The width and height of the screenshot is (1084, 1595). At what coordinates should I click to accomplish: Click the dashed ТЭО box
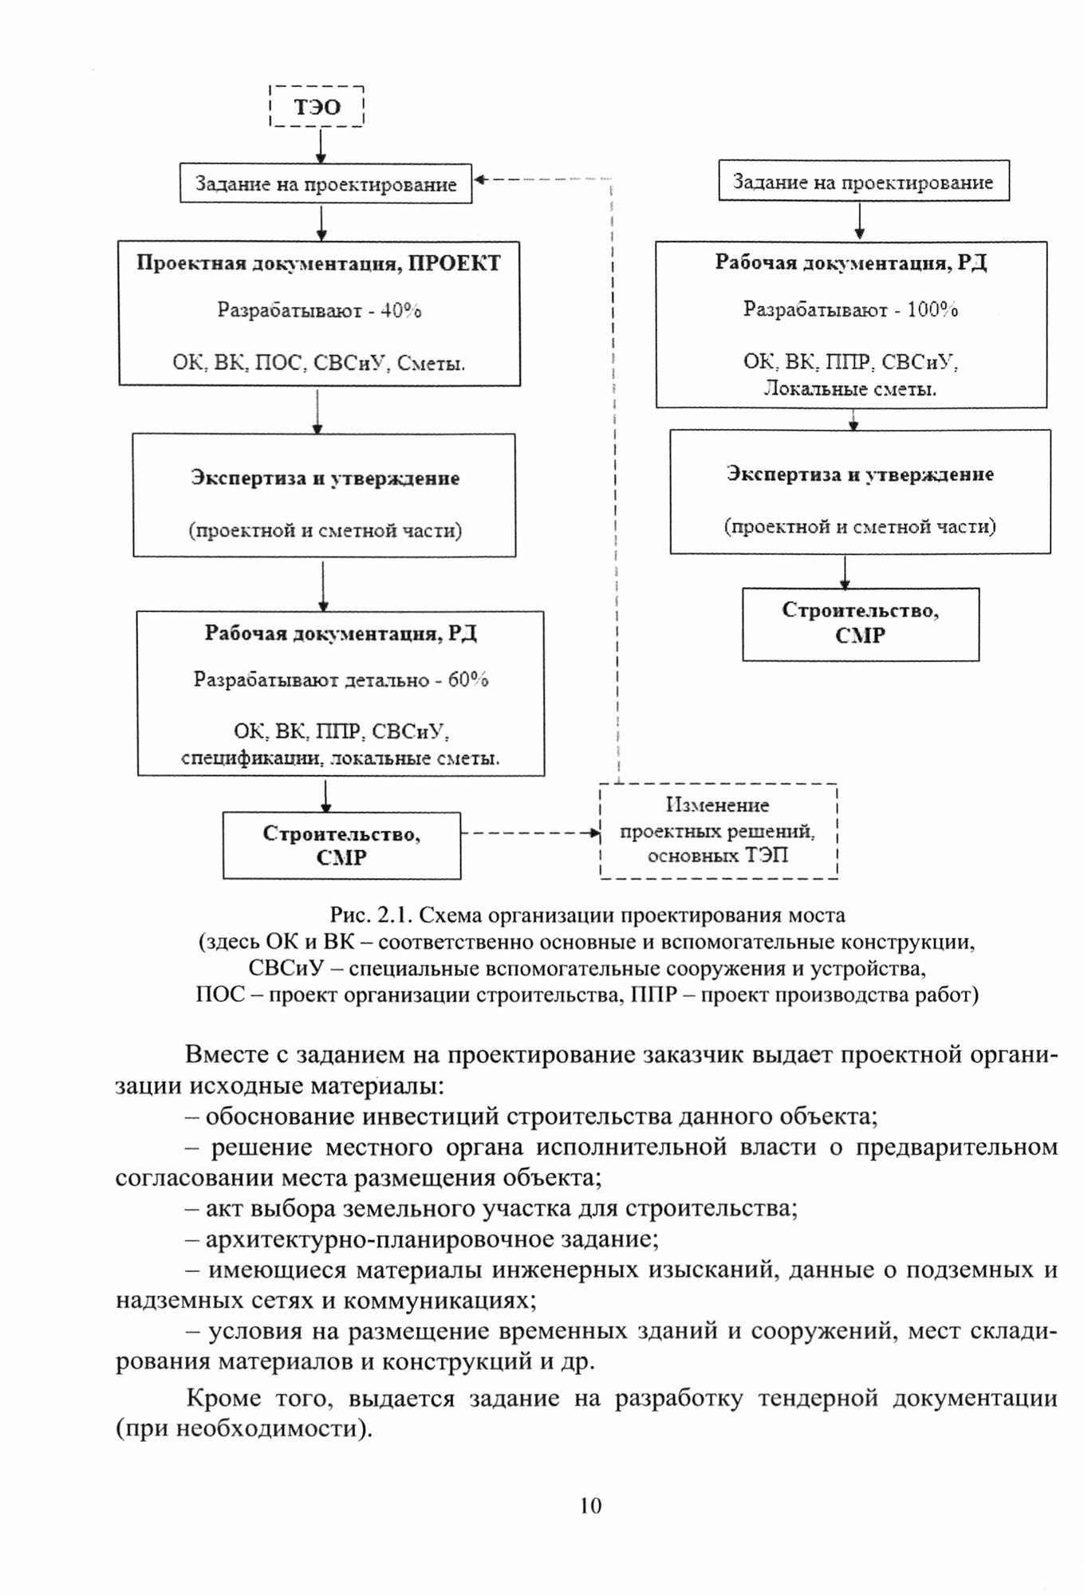(317, 107)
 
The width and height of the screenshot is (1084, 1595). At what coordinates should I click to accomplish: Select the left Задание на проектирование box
(325, 184)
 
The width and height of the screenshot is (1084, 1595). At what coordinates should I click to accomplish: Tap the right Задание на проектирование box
(863, 182)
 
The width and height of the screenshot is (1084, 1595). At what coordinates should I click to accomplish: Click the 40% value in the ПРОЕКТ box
(401, 311)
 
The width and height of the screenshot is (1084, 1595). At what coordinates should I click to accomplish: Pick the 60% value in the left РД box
(468, 680)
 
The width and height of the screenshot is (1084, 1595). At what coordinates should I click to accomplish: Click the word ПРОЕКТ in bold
(455, 263)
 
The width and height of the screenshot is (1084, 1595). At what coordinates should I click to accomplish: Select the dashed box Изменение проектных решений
(718, 831)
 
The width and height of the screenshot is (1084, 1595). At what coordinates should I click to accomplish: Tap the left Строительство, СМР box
(341, 845)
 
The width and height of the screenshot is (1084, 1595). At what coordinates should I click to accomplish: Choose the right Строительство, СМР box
(860, 624)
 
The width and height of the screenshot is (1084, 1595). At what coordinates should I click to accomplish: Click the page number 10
(591, 1506)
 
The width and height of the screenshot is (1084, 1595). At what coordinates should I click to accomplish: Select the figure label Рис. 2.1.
(368, 916)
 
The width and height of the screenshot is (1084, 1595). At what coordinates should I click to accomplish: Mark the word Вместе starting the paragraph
(230, 1055)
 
